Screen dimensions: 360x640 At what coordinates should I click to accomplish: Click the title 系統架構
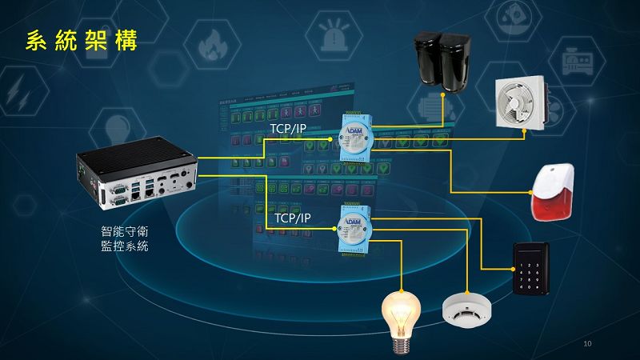coord(81,41)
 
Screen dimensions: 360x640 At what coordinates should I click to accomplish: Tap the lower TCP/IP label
coord(292,218)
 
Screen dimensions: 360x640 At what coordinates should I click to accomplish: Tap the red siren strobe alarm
coord(553,191)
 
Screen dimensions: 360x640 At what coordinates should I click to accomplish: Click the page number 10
coord(588,344)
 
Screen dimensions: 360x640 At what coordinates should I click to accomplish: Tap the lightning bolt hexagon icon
coord(18,92)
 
